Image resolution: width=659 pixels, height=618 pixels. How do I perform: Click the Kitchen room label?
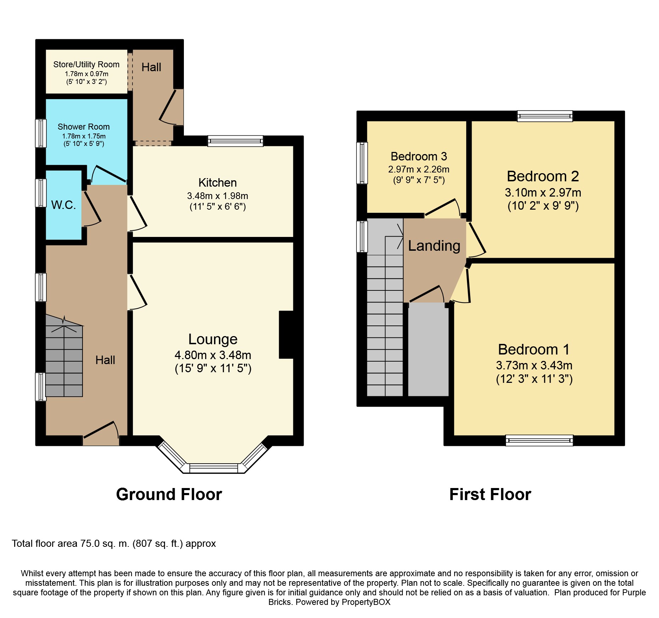218,183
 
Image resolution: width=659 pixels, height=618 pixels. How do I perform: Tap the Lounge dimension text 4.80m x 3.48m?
213,355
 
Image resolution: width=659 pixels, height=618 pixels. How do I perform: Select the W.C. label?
64,205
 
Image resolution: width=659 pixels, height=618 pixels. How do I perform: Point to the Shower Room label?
84,127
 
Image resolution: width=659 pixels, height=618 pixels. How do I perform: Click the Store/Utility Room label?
86,64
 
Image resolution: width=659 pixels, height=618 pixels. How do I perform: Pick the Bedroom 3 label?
419,156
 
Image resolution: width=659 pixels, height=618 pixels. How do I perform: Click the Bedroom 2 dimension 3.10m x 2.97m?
543,193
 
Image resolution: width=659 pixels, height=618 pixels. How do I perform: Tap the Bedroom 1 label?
534,350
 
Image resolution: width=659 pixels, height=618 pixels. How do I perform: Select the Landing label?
434,246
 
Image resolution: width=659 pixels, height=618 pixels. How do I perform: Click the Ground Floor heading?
169,494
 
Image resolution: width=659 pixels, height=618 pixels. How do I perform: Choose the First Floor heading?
490,494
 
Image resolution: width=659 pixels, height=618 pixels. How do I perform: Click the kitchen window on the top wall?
235,141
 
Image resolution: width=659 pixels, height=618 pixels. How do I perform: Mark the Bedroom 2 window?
545,116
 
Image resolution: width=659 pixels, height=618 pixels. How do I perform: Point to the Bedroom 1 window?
539,440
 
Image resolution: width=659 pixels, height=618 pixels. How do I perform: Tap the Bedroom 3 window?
362,163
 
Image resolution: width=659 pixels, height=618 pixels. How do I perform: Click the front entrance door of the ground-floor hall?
101,434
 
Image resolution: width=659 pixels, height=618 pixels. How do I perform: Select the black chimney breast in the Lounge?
286,335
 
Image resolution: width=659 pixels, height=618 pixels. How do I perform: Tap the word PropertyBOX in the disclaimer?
366,602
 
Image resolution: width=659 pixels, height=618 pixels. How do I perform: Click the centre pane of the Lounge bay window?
214,468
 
